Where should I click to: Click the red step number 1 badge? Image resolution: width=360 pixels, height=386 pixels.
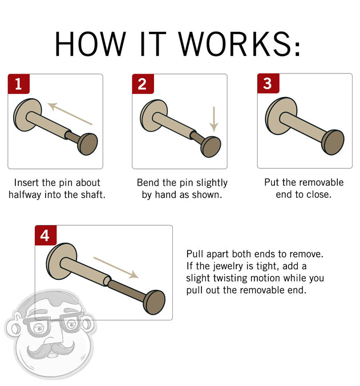coord(18,84)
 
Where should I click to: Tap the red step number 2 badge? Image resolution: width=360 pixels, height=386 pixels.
coord(143,84)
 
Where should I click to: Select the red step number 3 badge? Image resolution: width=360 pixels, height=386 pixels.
coord(267,84)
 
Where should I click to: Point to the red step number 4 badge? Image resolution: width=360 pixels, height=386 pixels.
coord(46,235)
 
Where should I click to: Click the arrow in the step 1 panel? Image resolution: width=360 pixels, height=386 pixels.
coord(70,113)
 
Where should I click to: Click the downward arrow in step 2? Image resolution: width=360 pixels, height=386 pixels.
coord(214,118)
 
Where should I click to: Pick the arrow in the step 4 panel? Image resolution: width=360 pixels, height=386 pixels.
coord(115,267)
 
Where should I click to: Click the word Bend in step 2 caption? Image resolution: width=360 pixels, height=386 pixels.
coord(148,183)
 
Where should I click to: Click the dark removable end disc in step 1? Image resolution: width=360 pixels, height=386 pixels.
coord(87,144)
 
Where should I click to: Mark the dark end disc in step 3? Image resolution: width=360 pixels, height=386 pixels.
coord(333,142)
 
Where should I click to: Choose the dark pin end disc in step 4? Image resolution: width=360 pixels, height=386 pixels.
coord(154,302)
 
